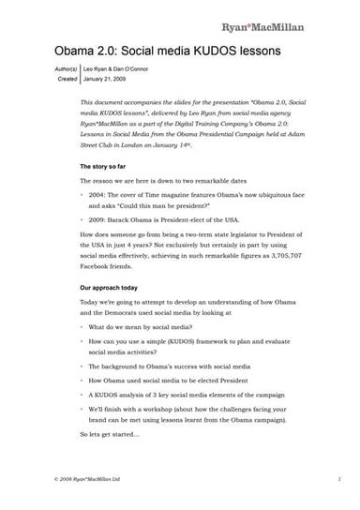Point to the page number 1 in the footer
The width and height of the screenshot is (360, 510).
point(337,502)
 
